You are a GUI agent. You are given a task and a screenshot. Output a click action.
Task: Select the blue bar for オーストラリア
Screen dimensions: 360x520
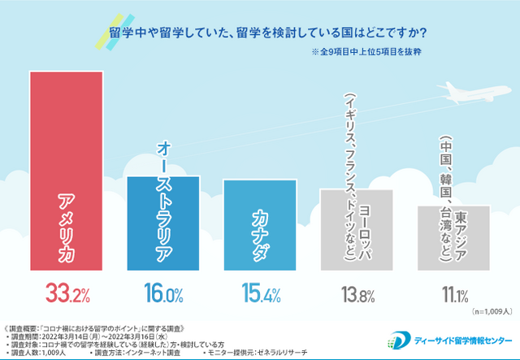click(162, 219)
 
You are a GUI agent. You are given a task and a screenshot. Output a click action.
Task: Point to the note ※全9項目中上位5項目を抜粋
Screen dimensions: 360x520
click(366, 54)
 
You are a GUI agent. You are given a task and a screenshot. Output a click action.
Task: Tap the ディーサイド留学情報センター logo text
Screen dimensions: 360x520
click(465, 339)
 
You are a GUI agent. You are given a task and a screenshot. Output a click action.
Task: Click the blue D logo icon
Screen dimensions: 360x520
click(401, 340)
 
